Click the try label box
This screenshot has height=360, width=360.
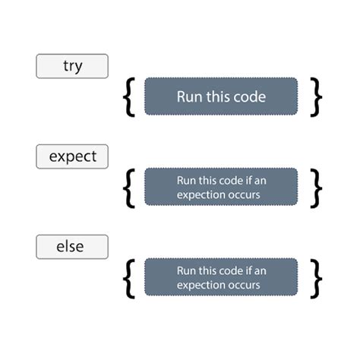click(72, 66)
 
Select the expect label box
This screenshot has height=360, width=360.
click(72, 156)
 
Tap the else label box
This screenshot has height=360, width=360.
click(72, 247)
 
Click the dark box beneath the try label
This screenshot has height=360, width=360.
click(220, 96)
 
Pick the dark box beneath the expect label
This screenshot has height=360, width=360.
click(220, 187)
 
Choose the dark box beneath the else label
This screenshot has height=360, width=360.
click(220, 277)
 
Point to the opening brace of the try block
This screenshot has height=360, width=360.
click(131, 96)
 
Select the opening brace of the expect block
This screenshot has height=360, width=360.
click(131, 187)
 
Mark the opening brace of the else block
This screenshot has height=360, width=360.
click(131, 277)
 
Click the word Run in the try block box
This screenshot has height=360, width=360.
click(189, 96)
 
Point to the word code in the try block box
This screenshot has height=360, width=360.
click(248, 96)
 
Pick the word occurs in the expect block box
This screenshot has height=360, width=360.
click(246, 194)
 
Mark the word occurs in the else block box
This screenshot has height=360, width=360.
click(246, 285)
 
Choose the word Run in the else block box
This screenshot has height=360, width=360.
click(186, 270)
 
